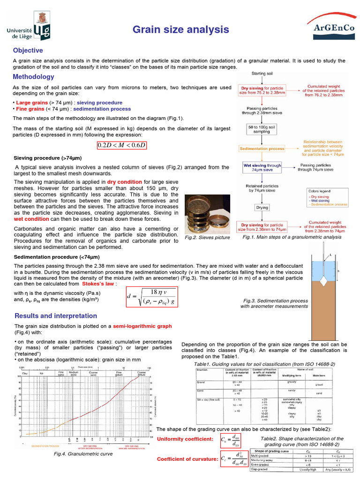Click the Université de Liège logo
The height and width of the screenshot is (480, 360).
(29, 26)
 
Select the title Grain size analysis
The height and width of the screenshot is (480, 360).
(180, 30)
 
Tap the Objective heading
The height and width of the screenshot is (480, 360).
(28, 50)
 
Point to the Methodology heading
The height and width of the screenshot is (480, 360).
(33, 76)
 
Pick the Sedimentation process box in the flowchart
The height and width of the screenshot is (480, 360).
(262, 148)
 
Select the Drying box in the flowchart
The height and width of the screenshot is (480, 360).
(262, 207)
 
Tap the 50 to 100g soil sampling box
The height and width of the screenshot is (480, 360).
(262, 129)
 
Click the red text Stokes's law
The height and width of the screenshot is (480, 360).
(97, 284)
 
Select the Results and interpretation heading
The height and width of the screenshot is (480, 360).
(56, 315)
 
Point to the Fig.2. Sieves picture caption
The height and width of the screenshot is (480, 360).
(207, 238)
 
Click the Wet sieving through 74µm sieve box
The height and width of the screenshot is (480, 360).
(262, 168)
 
